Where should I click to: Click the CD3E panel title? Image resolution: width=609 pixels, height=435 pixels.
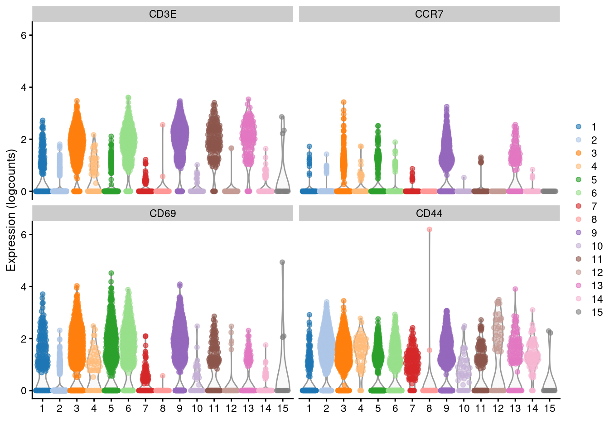tap(163, 14)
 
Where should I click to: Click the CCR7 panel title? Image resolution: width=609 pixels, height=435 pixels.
tap(429, 14)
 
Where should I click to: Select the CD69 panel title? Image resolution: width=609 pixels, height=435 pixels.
tap(163, 213)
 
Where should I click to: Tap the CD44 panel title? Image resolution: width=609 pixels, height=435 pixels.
tap(429, 213)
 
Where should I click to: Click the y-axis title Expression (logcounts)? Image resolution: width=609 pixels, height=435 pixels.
tap(11, 211)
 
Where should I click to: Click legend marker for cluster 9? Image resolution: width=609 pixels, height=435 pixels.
tap(579, 232)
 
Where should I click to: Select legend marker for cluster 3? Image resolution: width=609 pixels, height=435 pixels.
tap(579, 153)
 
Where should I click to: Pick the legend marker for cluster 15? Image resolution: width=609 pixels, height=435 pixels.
tap(579, 312)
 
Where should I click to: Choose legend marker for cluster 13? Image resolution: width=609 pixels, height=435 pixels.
tap(579, 285)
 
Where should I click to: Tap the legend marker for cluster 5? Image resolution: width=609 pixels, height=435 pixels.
tap(579, 179)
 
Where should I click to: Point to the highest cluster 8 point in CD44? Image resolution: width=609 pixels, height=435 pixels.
tap(429, 230)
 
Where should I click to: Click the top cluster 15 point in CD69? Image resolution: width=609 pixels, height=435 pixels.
tap(282, 262)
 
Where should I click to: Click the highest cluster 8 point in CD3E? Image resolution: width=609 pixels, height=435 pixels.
tap(163, 125)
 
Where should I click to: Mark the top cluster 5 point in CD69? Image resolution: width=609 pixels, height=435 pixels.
tap(111, 273)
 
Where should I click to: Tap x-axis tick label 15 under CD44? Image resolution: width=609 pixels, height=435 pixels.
tap(550, 409)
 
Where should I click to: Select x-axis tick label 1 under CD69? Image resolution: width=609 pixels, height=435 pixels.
tap(42, 409)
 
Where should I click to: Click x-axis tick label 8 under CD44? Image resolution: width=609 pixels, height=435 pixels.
tap(429, 409)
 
